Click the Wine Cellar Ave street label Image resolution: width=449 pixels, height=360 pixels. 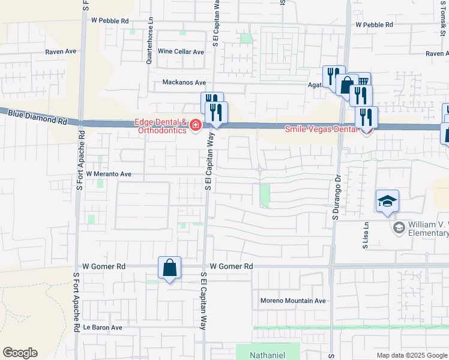click(x=181, y=52)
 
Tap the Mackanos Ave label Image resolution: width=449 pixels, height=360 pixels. click(x=184, y=83)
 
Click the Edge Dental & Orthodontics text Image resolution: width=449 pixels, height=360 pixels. click(x=160, y=127)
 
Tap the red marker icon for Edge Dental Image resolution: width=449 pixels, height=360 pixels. click(x=196, y=125)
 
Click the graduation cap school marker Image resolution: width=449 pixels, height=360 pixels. click(x=387, y=202)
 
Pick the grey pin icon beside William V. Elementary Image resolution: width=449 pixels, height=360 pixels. click(x=399, y=227)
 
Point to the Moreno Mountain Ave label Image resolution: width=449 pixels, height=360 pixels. click(x=292, y=301)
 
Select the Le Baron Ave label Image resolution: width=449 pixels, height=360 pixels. click(x=102, y=328)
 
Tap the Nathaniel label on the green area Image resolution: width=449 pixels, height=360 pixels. click(x=268, y=355)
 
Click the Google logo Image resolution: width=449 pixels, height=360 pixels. click(x=20, y=353)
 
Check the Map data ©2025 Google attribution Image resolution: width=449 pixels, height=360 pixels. click(x=412, y=355)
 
